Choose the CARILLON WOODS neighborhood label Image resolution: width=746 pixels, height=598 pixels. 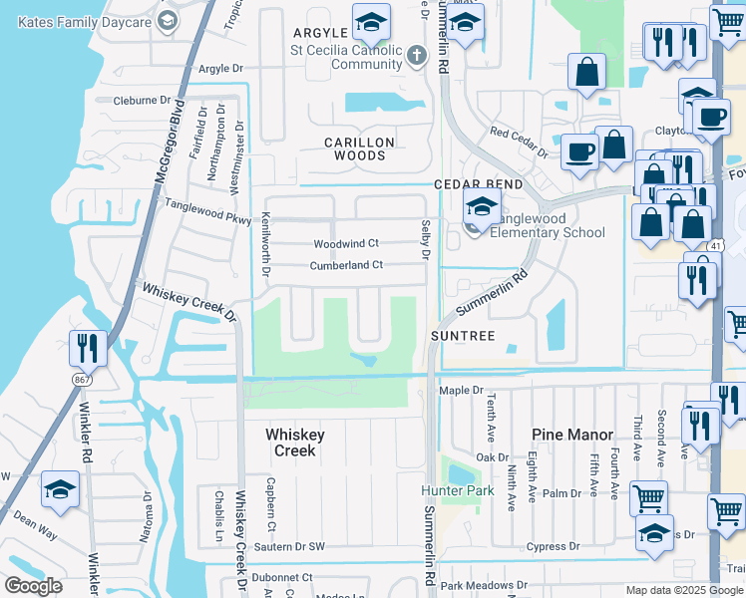click(x=359, y=149)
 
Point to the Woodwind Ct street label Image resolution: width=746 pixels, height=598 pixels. click(x=346, y=243)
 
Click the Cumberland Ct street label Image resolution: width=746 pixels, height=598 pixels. click(x=346, y=265)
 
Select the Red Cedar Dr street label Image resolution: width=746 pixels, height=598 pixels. click(x=519, y=142)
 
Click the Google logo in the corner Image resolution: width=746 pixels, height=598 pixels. click(x=33, y=586)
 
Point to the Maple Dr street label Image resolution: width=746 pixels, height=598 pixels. click(x=461, y=391)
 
